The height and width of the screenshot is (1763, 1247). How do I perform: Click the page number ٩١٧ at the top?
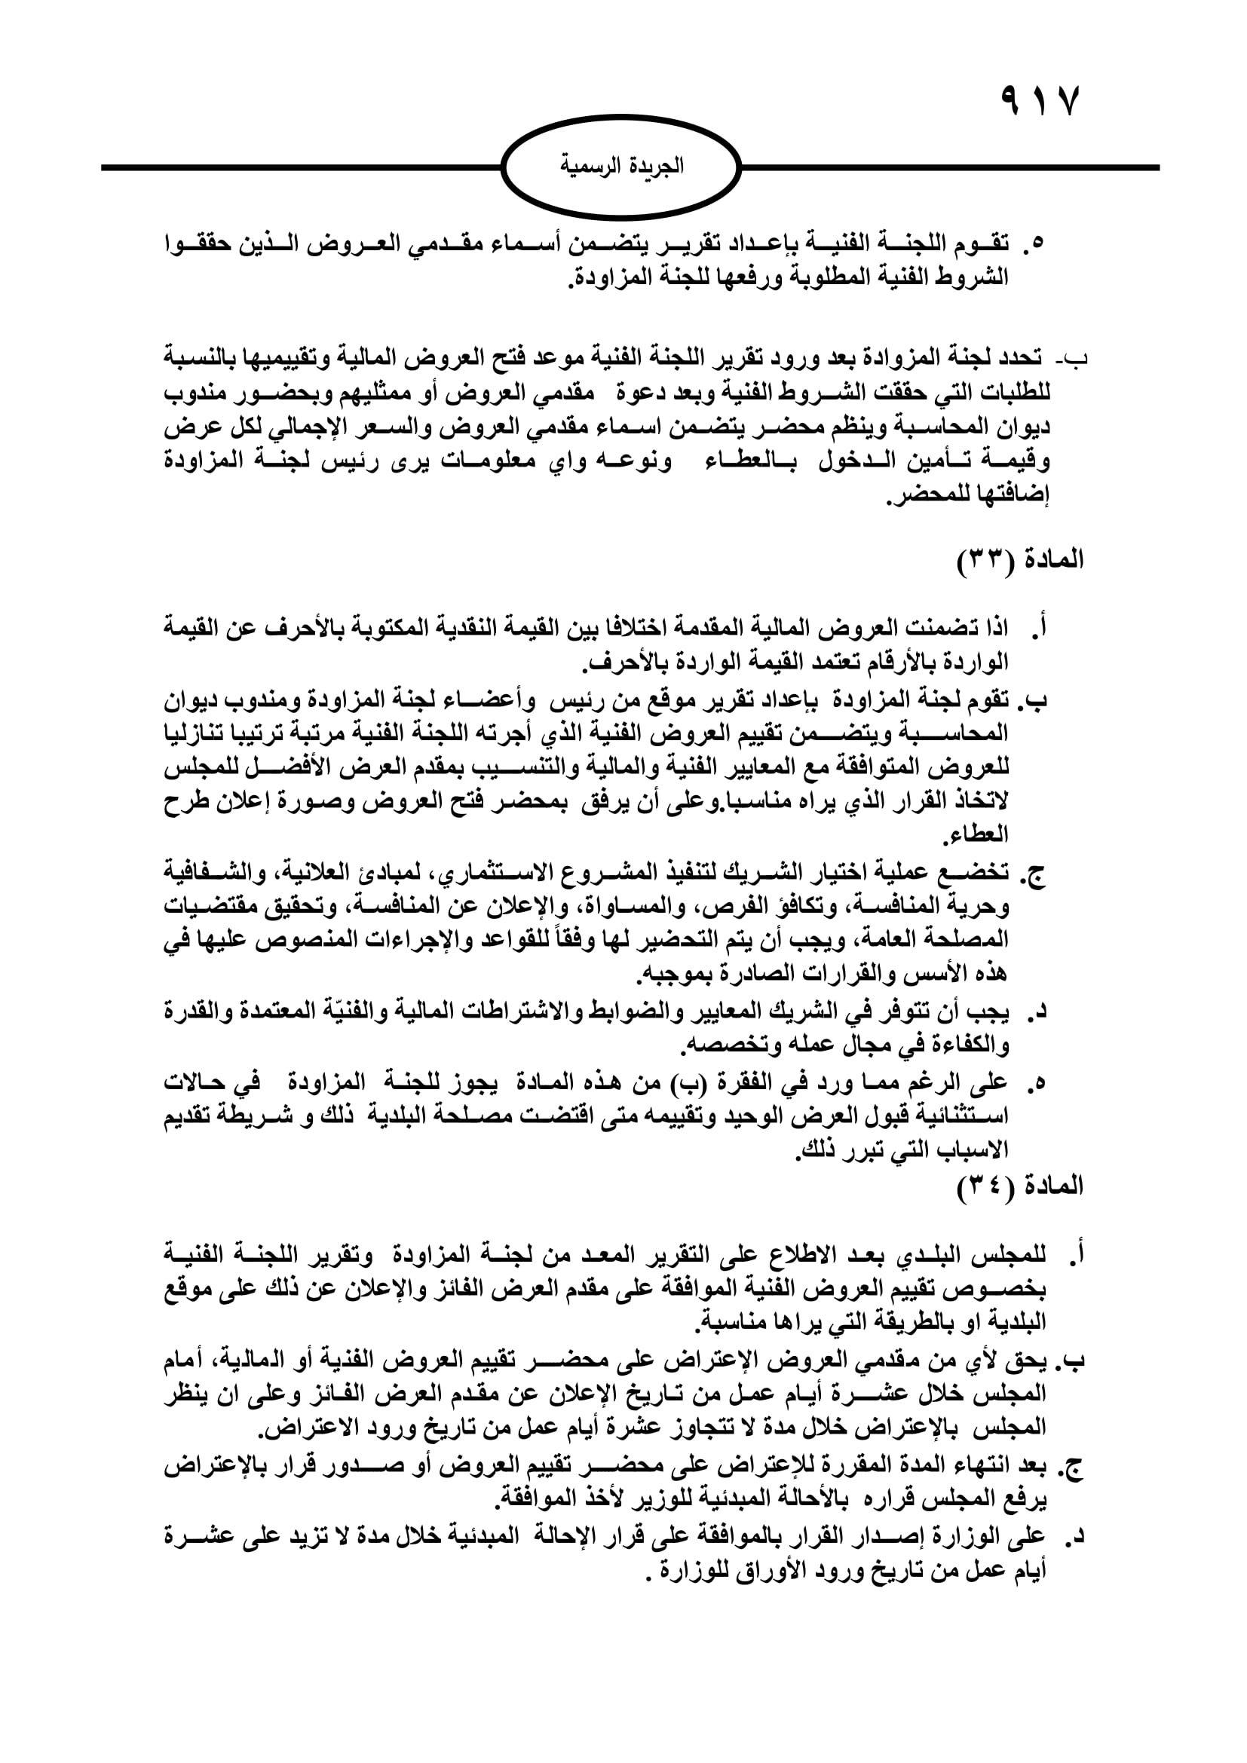coord(1040,100)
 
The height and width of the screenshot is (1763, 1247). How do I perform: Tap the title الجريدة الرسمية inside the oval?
coord(621,166)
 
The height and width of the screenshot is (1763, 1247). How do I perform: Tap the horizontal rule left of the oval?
coord(299,167)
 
